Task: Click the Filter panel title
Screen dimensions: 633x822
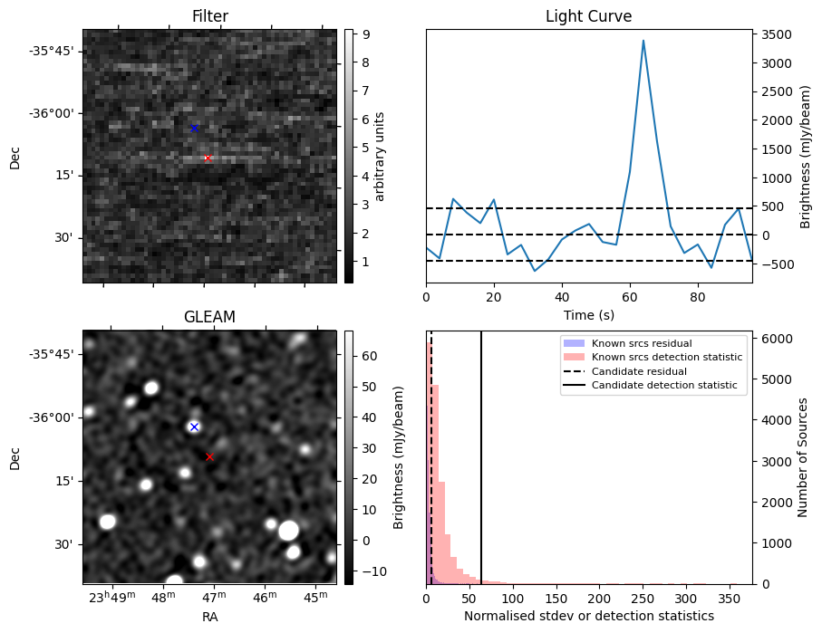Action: tap(209, 16)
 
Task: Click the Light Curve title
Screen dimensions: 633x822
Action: tap(588, 16)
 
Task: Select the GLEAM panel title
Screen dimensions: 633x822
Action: tap(209, 317)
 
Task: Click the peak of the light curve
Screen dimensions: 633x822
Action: tap(643, 41)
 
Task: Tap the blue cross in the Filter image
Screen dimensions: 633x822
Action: tap(194, 128)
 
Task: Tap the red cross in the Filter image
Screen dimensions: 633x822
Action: tap(208, 158)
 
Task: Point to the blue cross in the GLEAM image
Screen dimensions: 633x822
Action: tap(194, 427)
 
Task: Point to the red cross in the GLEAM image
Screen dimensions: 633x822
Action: tap(209, 456)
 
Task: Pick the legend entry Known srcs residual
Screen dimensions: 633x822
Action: tap(641, 343)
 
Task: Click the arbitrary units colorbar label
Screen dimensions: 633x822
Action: tap(381, 156)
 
